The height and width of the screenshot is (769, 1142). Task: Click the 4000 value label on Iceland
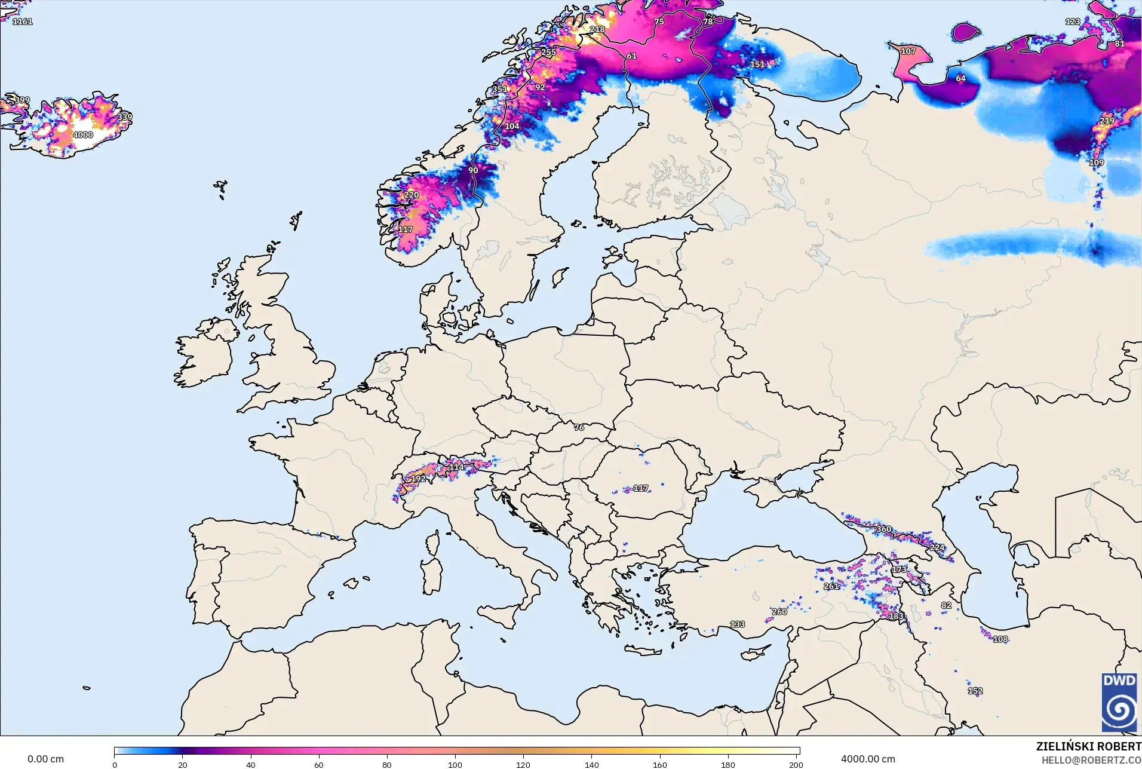click(83, 135)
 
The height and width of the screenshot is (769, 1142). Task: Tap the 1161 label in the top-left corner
click(22, 22)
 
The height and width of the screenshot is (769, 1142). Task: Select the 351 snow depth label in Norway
click(499, 90)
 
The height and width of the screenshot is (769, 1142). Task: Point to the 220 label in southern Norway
click(412, 195)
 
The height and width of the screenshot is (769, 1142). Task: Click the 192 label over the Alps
click(418, 479)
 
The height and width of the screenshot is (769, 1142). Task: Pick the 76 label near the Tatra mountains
click(579, 427)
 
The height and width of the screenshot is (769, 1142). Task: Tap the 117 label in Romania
click(640, 488)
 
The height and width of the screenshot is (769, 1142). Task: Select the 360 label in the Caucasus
click(883, 529)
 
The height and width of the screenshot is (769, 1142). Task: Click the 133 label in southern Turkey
click(737, 624)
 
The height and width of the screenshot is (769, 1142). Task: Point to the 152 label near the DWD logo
click(975, 691)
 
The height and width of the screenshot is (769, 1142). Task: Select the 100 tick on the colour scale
click(455, 765)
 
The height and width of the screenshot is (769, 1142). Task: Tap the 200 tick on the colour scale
click(796, 765)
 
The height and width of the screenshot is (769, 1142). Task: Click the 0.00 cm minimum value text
click(45, 759)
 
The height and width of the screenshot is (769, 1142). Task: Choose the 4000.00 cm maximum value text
click(868, 759)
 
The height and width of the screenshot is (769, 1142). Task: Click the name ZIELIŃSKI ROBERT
click(1088, 746)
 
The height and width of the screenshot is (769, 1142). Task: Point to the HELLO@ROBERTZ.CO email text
click(1091, 760)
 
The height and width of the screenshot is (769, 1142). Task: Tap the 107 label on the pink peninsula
click(908, 51)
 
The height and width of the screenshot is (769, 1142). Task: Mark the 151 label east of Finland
click(757, 65)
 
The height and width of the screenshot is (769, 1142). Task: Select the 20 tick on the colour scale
click(183, 765)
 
